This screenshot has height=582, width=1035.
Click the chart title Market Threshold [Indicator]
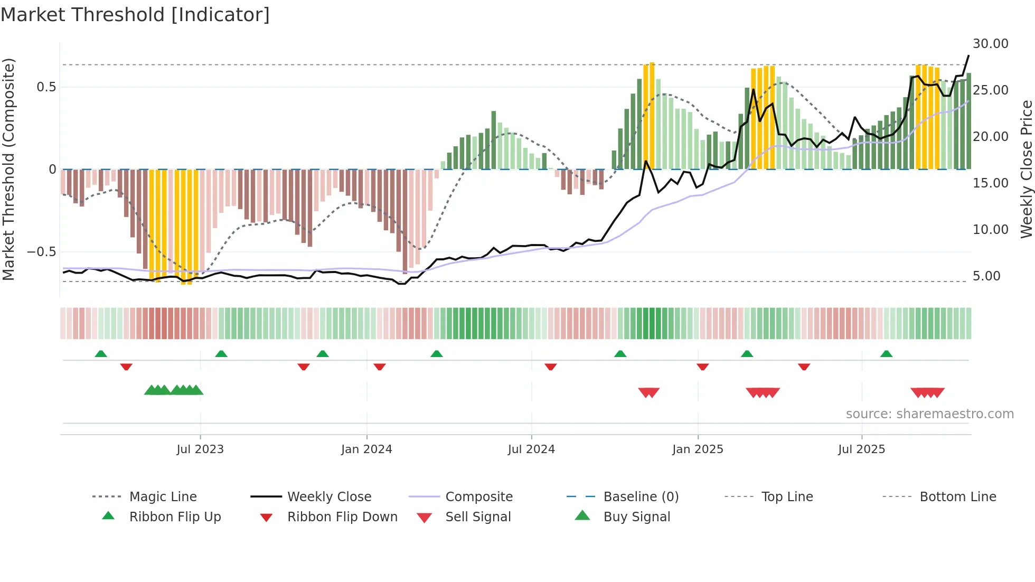[135, 15]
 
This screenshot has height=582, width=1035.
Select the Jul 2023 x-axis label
[200, 449]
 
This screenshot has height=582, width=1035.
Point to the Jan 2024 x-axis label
[366, 449]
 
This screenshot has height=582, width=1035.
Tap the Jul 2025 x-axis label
[861, 449]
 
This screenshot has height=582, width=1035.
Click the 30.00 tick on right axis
[990, 44]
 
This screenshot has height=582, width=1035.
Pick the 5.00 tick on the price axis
[986, 276]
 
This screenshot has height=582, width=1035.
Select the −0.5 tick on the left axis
[42, 252]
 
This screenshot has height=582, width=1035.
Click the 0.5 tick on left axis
[46, 87]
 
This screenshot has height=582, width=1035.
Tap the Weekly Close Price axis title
[1026, 169]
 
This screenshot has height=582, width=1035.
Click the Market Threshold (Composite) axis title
[8, 169]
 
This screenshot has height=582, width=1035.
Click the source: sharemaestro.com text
[929, 414]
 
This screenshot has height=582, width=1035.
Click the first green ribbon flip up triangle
[101, 354]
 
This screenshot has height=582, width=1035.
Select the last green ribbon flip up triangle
[886, 354]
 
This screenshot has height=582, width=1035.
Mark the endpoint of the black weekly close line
[968, 56]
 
